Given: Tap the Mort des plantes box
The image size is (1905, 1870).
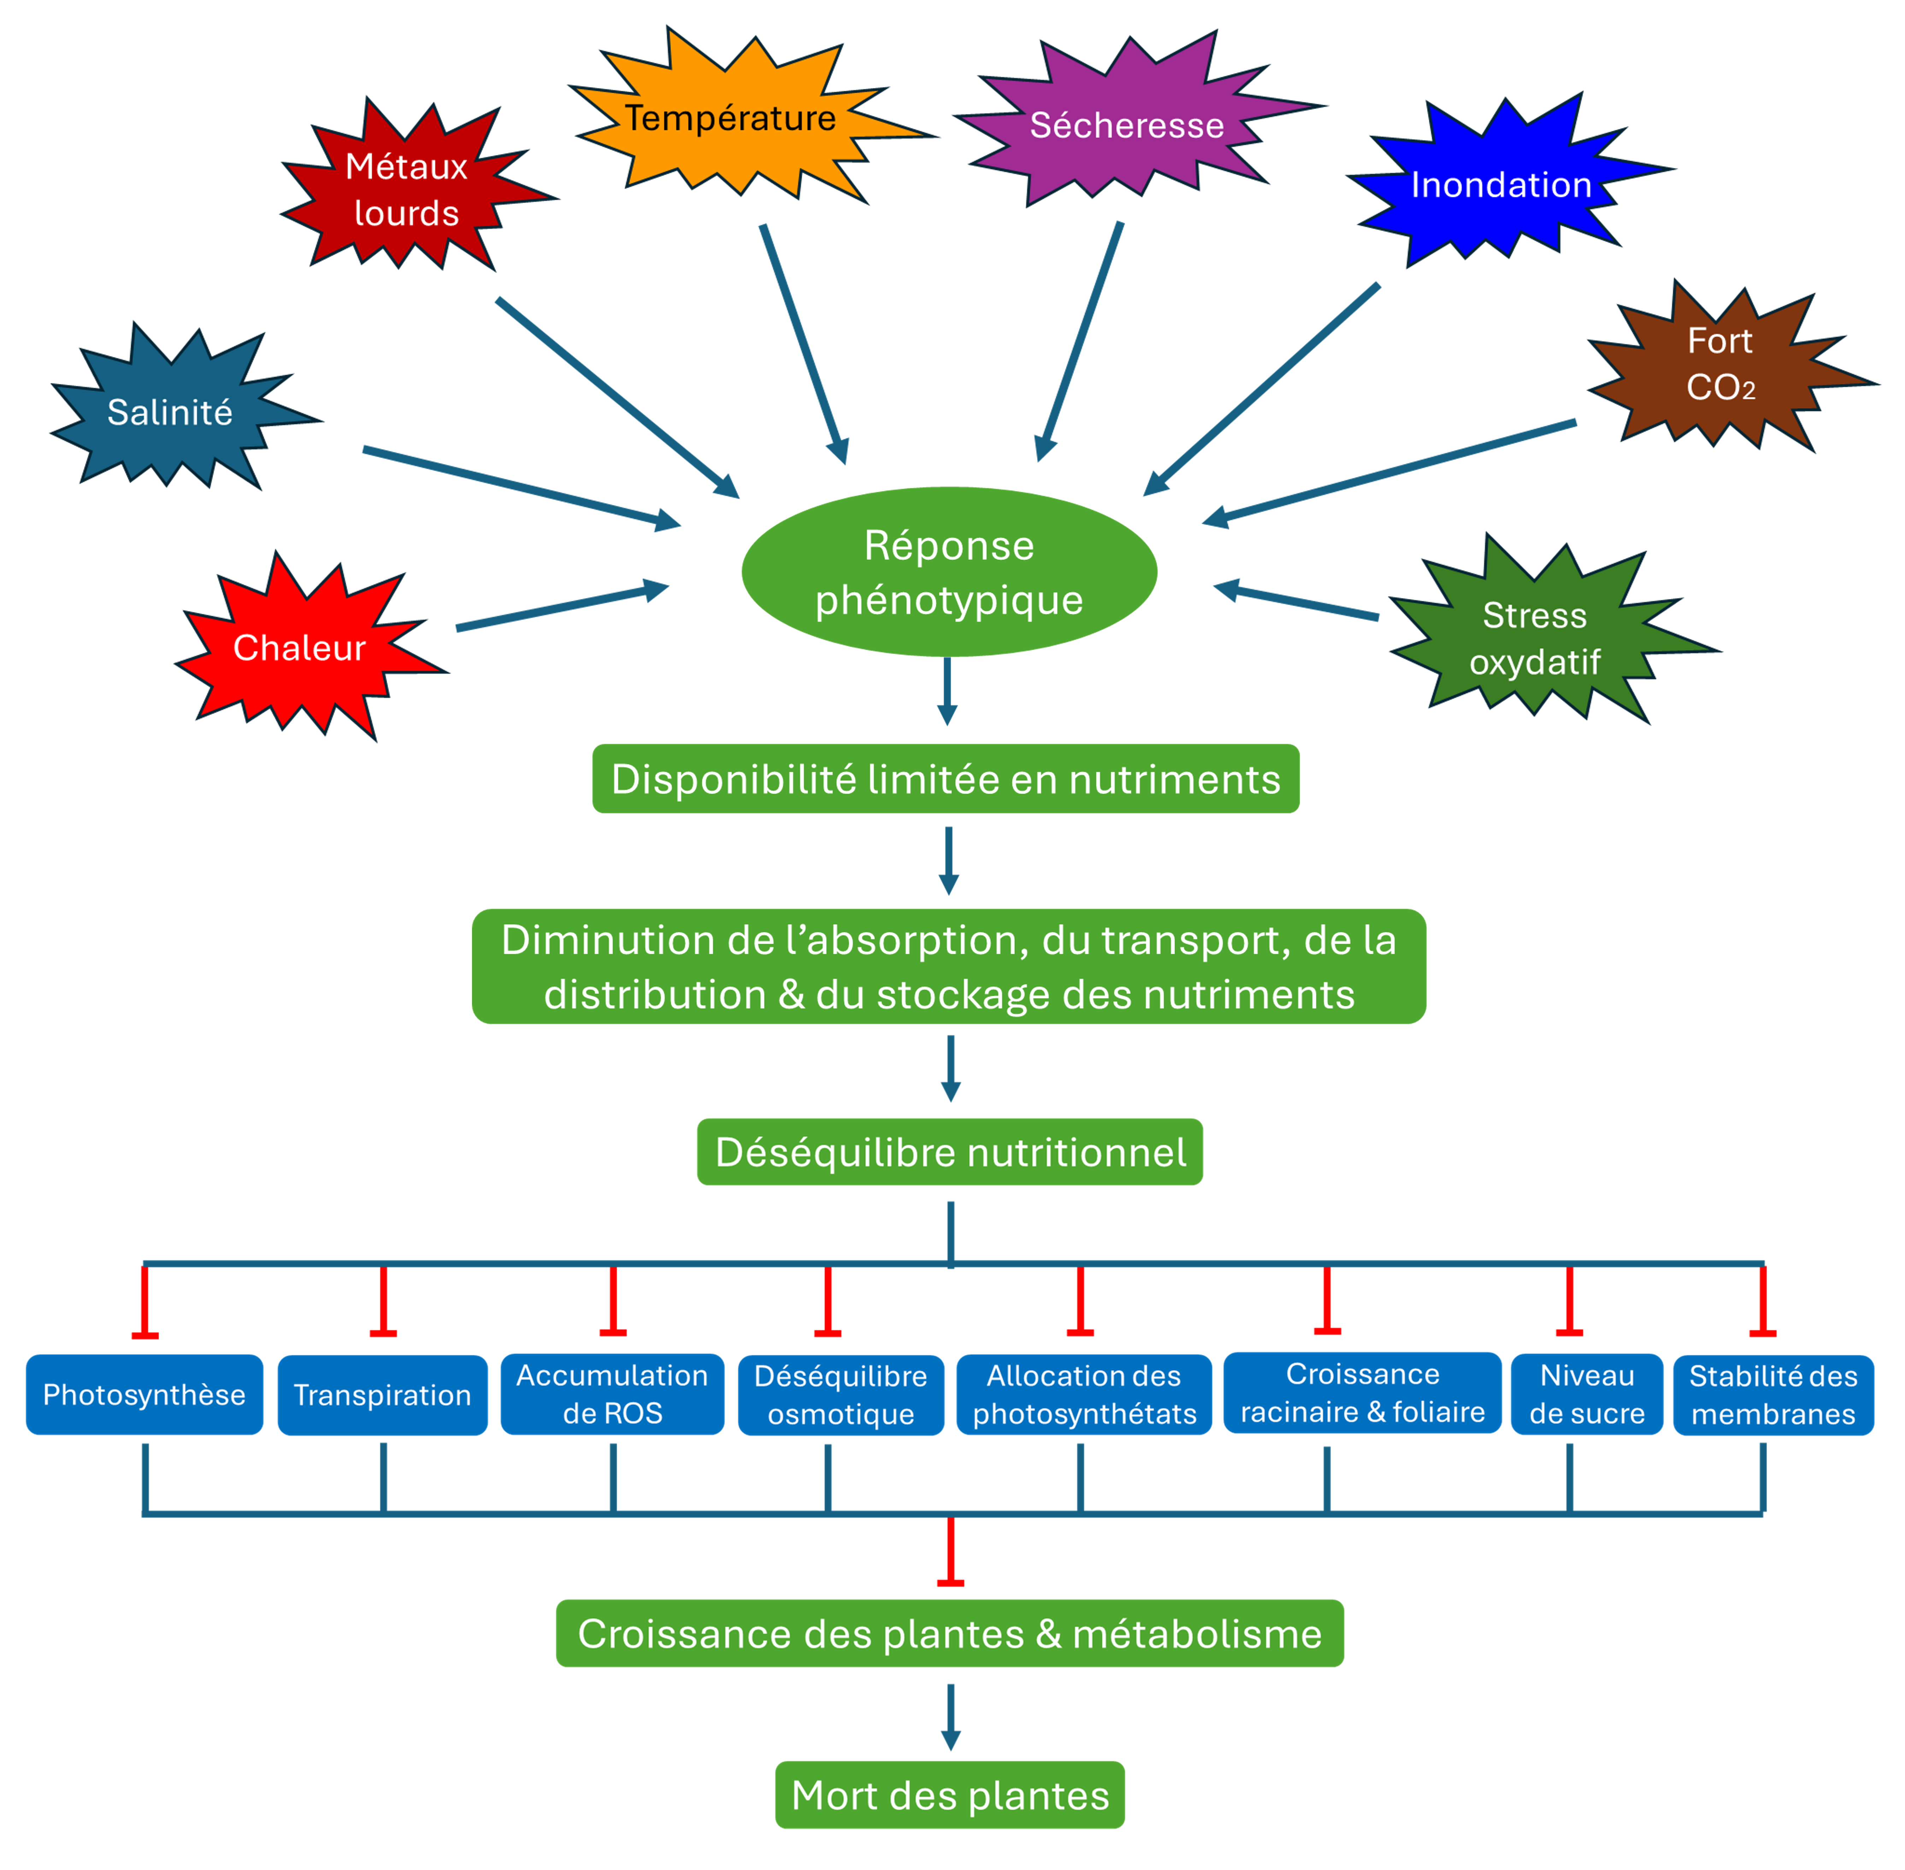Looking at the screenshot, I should point(950,1795).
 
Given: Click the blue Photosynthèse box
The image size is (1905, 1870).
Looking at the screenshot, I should point(145,1395).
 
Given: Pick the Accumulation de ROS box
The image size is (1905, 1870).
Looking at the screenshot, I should point(612,1395).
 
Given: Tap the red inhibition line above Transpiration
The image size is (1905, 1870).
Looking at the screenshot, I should point(383,1301).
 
